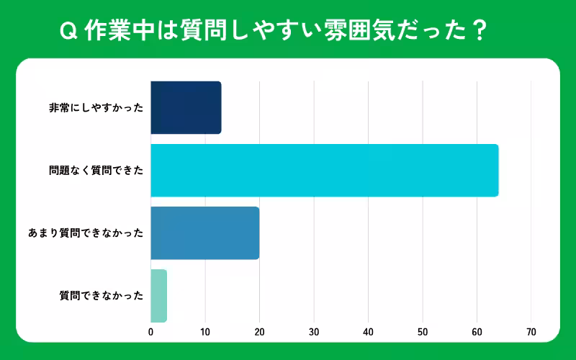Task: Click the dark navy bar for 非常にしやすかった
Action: (186, 108)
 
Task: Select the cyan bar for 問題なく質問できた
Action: (324, 171)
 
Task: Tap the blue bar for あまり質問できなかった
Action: (204, 233)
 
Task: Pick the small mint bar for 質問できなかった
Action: (159, 296)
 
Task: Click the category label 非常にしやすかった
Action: (96, 108)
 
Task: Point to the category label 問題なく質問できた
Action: (96, 171)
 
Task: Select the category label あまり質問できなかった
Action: (86, 233)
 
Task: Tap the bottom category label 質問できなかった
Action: (102, 296)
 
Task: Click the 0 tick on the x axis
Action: (150, 332)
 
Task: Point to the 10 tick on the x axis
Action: (205, 332)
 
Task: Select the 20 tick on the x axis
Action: (259, 332)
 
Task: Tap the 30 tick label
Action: (314, 332)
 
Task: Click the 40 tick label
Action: (368, 332)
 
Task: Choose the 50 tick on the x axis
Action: (423, 332)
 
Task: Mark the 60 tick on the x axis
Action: (477, 332)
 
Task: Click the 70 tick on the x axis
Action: (531, 332)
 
